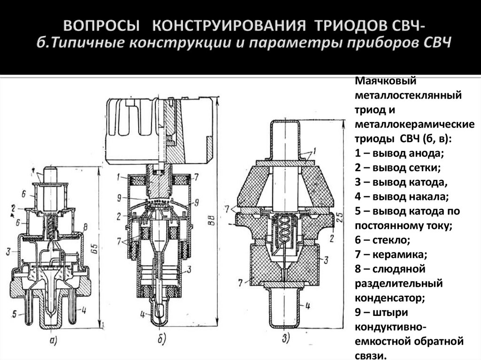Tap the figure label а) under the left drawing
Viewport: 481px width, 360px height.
53,339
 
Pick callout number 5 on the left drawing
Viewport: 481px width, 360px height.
16,314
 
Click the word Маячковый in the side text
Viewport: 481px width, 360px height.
380,81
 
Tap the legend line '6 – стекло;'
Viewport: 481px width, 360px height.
382,240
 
